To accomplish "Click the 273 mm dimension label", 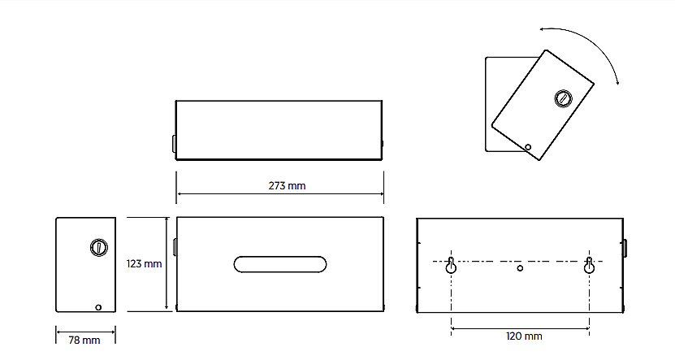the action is pos(287,185).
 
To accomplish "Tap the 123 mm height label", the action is pos(145,263).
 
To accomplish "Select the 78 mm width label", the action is pos(84,340).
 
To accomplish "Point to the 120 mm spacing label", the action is pos(524,336).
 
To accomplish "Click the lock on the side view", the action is pos(99,247).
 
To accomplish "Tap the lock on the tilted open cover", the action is pos(563,98).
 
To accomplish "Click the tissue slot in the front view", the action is pos(280,264).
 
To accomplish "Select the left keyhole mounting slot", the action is pos(451,265).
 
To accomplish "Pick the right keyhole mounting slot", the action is pos(589,265).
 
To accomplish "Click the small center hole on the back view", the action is pos(520,268).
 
